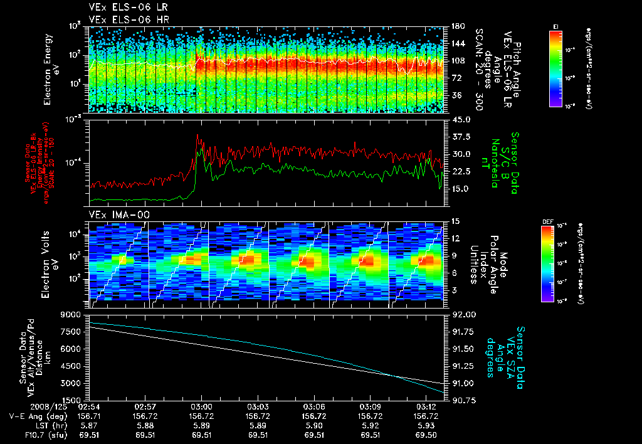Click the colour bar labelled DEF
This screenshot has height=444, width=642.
[552, 263]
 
